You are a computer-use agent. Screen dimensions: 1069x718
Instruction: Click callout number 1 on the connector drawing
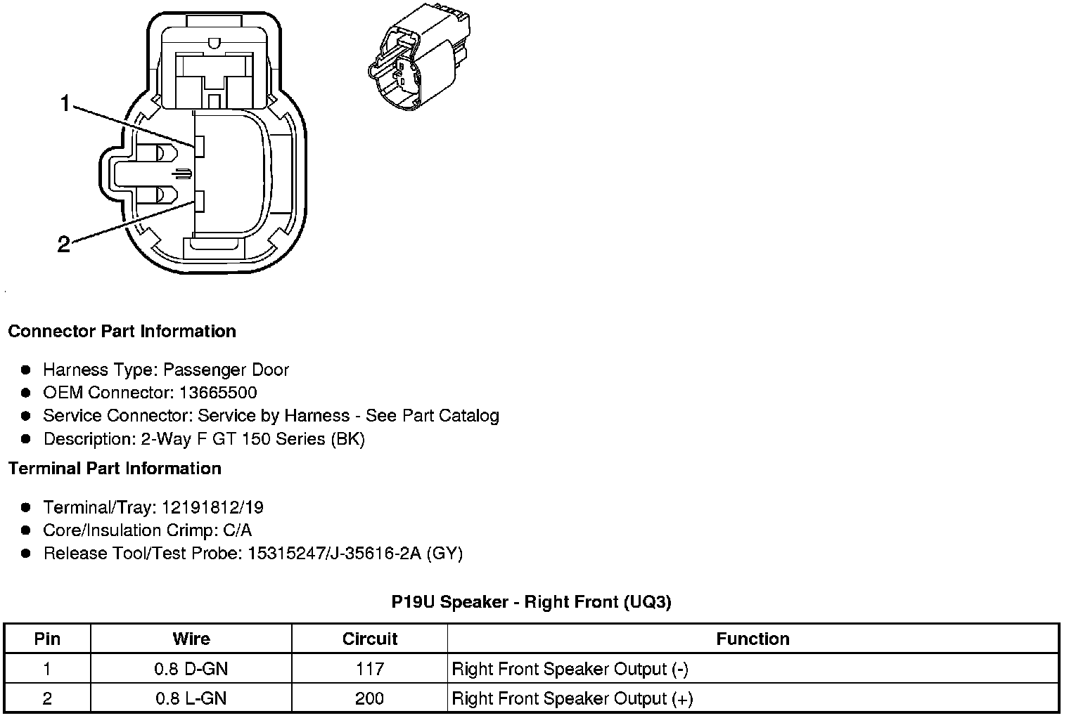65,105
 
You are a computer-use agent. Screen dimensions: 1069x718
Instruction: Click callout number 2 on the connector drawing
64,244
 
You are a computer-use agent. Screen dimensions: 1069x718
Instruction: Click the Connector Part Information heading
122,331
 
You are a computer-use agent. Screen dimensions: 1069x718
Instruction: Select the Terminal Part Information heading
115,469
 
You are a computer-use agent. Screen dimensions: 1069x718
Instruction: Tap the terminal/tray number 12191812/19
212,507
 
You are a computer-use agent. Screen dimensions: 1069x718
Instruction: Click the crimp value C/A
236,530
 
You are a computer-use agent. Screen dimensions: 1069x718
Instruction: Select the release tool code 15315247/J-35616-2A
334,554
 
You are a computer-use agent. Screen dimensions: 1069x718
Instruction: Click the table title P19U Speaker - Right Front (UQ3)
531,602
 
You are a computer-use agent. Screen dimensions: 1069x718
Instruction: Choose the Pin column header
47,639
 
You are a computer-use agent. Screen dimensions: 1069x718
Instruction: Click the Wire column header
191,639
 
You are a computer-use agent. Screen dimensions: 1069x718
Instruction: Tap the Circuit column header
370,639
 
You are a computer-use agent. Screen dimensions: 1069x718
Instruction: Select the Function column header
753,639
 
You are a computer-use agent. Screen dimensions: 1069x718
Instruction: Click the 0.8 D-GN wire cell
191,669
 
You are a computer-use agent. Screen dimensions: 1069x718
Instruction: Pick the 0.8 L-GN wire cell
191,698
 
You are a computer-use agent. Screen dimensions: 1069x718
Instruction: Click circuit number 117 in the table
370,669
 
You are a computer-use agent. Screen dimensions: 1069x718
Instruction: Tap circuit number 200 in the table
370,698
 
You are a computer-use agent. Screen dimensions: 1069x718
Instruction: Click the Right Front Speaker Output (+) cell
572,698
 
